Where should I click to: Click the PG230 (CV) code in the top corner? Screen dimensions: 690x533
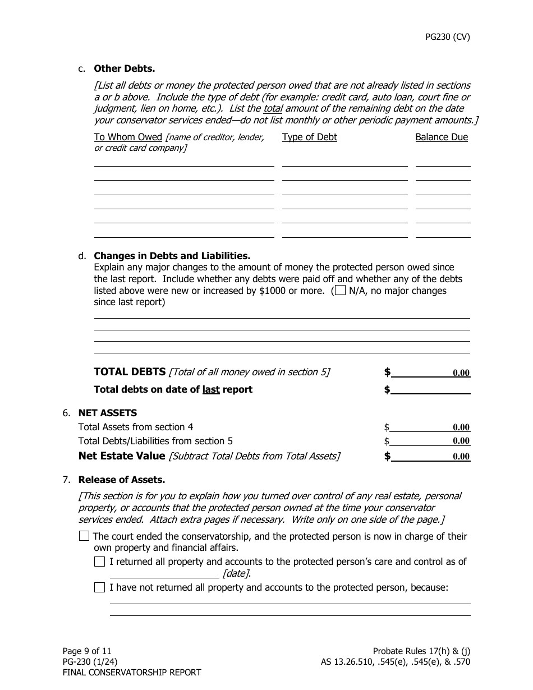click(x=447, y=38)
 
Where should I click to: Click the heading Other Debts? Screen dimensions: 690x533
click(x=124, y=68)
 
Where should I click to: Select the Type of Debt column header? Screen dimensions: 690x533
click(x=309, y=137)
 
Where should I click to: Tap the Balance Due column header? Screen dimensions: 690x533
click(x=441, y=137)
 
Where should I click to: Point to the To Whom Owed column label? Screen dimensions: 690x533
click(x=128, y=137)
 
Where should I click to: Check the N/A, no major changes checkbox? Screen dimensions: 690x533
click(x=340, y=291)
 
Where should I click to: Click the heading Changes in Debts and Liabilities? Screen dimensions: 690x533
click(x=172, y=256)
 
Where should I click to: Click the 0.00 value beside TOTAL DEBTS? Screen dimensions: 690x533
click(x=461, y=373)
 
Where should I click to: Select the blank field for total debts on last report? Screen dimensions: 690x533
click(x=430, y=389)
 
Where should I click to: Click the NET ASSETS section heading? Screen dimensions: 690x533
click(x=107, y=413)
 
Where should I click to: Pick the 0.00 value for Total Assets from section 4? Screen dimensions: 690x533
click(x=461, y=427)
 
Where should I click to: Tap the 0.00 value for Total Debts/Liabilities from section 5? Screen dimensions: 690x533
click(x=461, y=441)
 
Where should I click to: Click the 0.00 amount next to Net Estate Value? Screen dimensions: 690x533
click(x=461, y=457)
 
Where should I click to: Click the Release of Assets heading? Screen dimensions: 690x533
click(x=121, y=480)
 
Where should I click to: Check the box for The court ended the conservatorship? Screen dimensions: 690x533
click(x=84, y=536)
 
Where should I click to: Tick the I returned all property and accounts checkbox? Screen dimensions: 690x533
click(x=100, y=562)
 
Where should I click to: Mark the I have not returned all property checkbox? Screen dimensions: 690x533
click(x=100, y=587)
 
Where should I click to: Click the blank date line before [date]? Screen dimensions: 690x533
click(x=164, y=573)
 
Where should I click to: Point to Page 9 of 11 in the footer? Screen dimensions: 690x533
click(x=87, y=651)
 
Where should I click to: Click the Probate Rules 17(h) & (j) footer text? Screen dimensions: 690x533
click(x=421, y=651)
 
